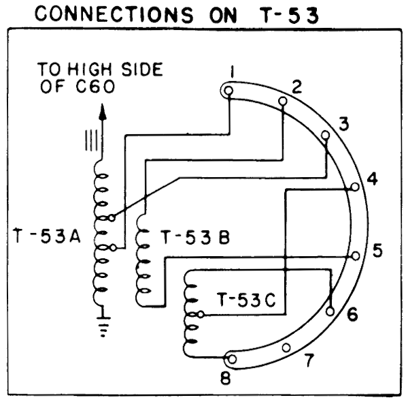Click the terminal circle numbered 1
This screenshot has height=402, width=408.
pos(229,90)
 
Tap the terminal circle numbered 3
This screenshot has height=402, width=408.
pos(326,136)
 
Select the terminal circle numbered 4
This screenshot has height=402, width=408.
pos(354,187)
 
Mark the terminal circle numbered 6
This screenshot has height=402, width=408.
pos(331,311)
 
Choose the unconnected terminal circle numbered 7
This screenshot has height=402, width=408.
pos(287,347)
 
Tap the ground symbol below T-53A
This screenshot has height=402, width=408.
pos(103,325)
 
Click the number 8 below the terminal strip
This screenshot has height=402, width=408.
pos(225,377)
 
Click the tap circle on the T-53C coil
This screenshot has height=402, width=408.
pos(200,315)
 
